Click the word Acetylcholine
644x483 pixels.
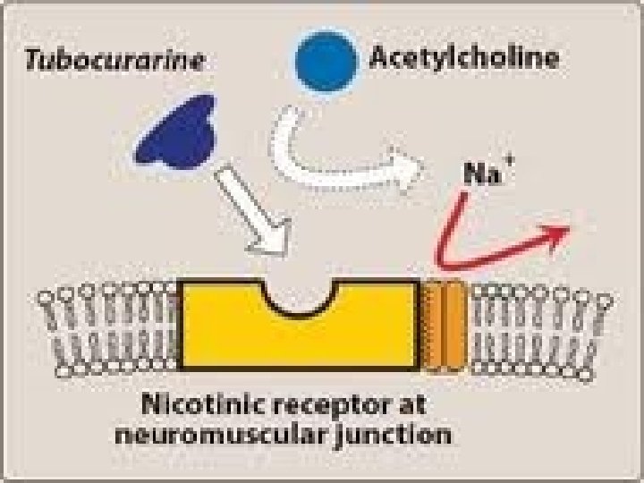[464, 58]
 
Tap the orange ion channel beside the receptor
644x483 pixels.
[444, 325]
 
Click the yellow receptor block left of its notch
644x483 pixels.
[224, 326]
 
